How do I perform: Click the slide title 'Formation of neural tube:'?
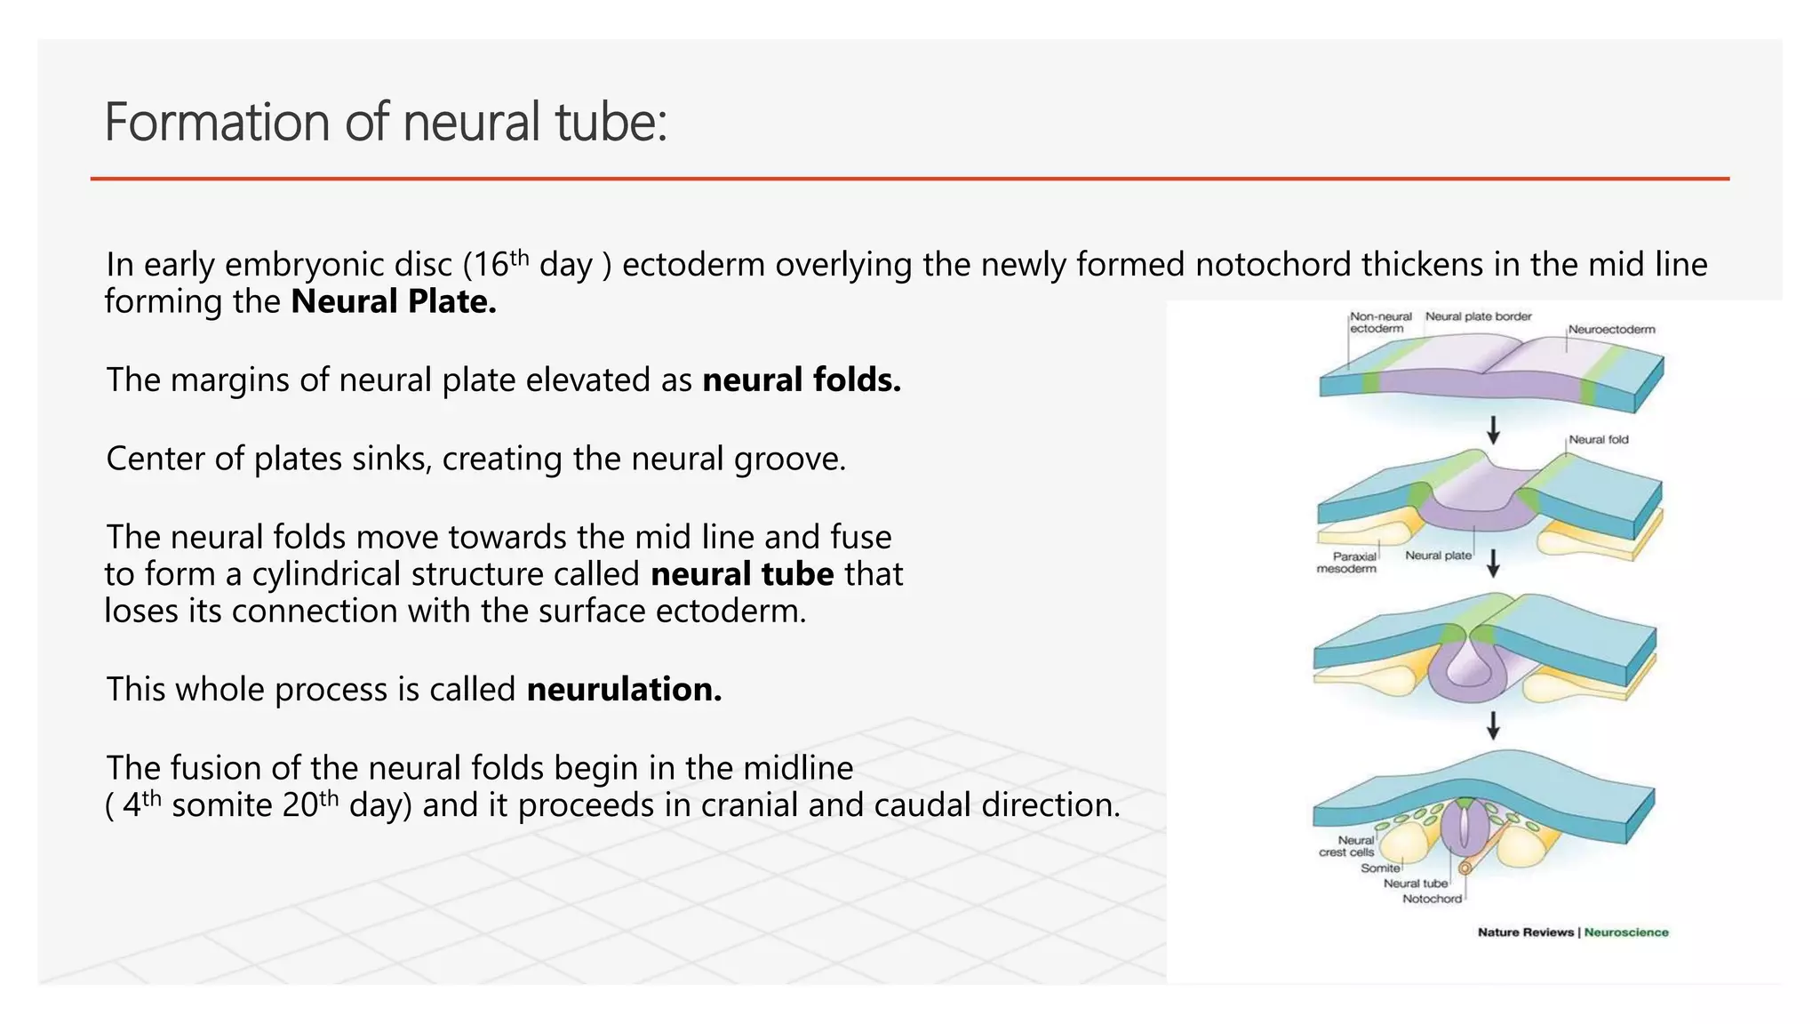tap(385, 122)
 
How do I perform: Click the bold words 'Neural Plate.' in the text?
tap(393, 302)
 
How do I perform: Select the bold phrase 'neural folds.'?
tap(802, 380)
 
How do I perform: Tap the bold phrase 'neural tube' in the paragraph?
tap(742, 574)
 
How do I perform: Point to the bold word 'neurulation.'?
tap(624, 690)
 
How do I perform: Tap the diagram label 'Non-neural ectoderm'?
tap(1379, 323)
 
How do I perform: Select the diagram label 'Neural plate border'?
tap(1478, 316)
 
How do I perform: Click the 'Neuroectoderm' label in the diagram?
tap(1611, 330)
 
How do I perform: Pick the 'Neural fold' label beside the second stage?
tap(1598, 440)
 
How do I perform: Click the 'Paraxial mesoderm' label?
tap(1347, 563)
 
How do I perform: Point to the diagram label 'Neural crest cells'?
tap(1347, 846)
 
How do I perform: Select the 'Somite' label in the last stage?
tap(1380, 868)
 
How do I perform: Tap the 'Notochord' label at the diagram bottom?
tap(1431, 900)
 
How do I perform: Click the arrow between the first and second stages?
tap(1494, 430)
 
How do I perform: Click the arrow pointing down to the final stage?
tap(1494, 725)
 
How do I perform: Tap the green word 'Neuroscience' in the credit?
tap(1625, 932)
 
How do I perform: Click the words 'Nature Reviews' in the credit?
tap(1526, 932)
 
